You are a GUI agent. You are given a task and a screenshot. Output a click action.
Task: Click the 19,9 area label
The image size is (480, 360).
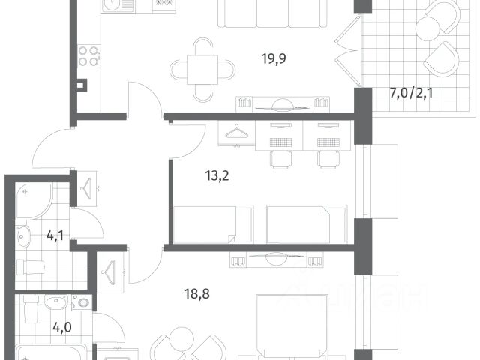[x=274, y=58]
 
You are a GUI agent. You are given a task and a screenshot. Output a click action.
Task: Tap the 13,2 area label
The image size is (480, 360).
[x=217, y=176]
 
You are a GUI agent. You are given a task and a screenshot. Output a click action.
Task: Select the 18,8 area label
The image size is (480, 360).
[x=196, y=294]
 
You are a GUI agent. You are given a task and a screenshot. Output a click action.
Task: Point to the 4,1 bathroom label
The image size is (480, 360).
[x=55, y=235]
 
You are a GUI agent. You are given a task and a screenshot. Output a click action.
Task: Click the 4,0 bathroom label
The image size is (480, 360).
[x=62, y=327]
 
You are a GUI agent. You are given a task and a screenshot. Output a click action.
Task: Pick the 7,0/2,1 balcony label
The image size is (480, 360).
[x=412, y=93]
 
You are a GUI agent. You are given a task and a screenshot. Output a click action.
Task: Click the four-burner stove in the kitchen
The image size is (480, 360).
[x=88, y=56]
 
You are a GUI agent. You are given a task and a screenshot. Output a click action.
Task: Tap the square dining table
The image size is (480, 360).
[x=202, y=70]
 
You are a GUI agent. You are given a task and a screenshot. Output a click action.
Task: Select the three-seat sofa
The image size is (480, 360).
[x=272, y=13]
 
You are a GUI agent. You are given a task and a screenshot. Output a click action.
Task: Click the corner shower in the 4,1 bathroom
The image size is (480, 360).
[x=33, y=201]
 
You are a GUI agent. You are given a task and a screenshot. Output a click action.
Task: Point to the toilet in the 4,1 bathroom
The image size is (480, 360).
[x=30, y=267]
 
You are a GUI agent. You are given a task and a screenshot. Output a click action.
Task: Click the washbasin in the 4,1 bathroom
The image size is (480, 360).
[x=22, y=236]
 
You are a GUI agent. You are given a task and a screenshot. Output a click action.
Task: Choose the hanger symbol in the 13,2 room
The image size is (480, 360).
[x=236, y=132]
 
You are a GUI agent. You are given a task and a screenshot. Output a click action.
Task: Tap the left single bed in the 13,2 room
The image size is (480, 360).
[x=213, y=224]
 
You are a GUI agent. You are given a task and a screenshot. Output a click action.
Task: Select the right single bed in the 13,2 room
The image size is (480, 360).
[x=307, y=224]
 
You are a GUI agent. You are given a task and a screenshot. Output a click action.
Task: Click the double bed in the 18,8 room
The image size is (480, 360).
[x=292, y=327]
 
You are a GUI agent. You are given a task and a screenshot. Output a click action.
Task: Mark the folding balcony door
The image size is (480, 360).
[x=347, y=50]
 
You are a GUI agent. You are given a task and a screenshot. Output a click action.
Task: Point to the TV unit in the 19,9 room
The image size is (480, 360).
[x=283, y=104]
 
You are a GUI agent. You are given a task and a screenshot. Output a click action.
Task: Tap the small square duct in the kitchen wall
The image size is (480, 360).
[x=82, y=85]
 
